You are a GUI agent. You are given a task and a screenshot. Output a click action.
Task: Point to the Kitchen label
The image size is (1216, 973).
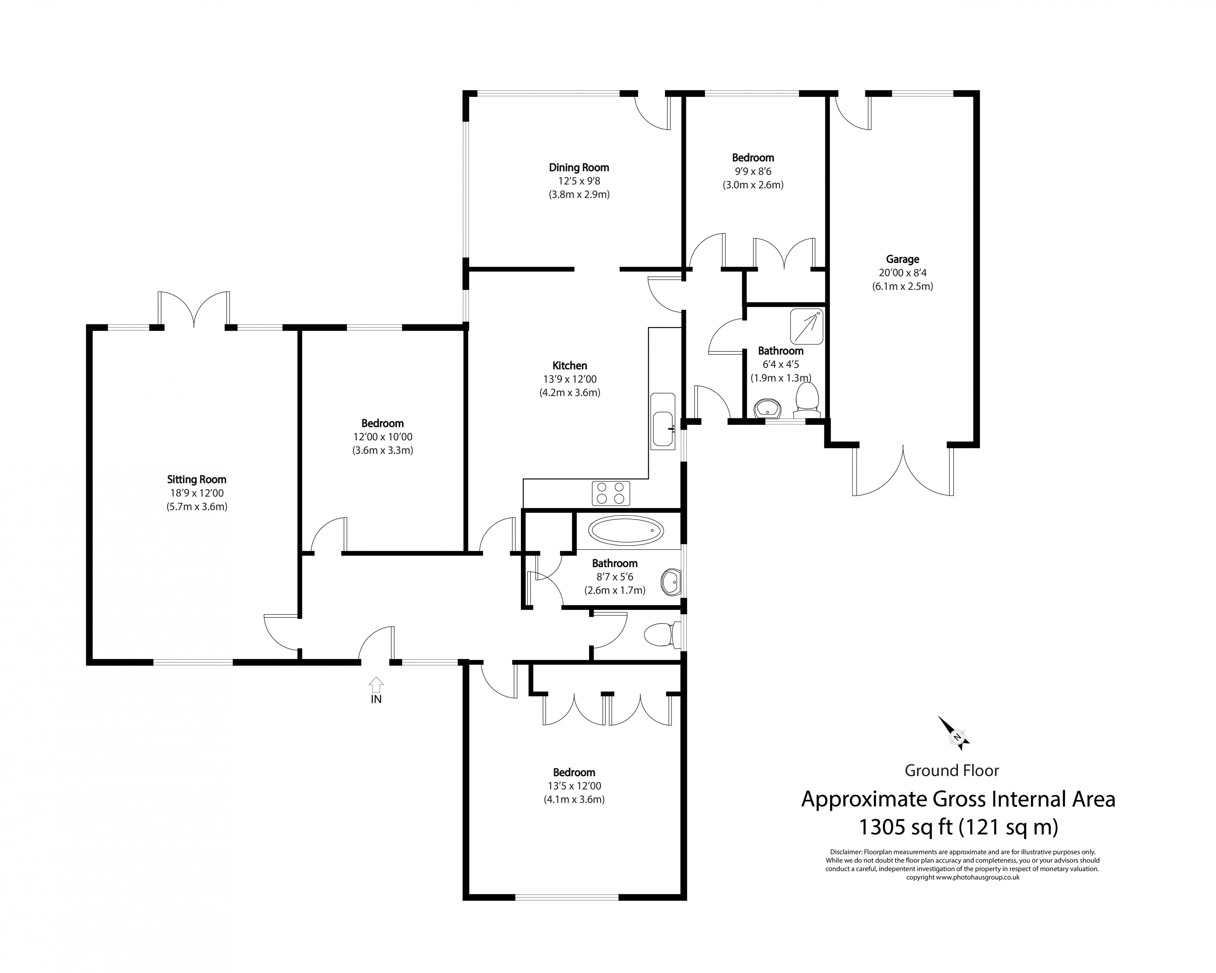pos(570,366)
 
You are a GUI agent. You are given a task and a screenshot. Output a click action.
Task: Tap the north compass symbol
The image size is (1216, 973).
pos(957,736)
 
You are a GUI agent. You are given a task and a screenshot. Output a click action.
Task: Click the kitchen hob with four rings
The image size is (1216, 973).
pos(611,493)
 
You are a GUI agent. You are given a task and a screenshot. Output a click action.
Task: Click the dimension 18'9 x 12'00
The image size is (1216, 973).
pos(197,493)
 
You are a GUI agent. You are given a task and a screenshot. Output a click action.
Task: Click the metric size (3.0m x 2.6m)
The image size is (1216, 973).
pos(753,185)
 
